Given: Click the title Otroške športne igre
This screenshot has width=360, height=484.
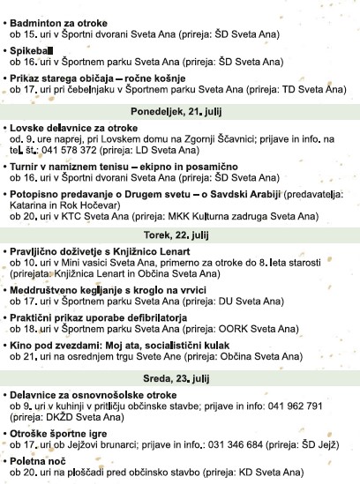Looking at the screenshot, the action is tap(60, 436).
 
